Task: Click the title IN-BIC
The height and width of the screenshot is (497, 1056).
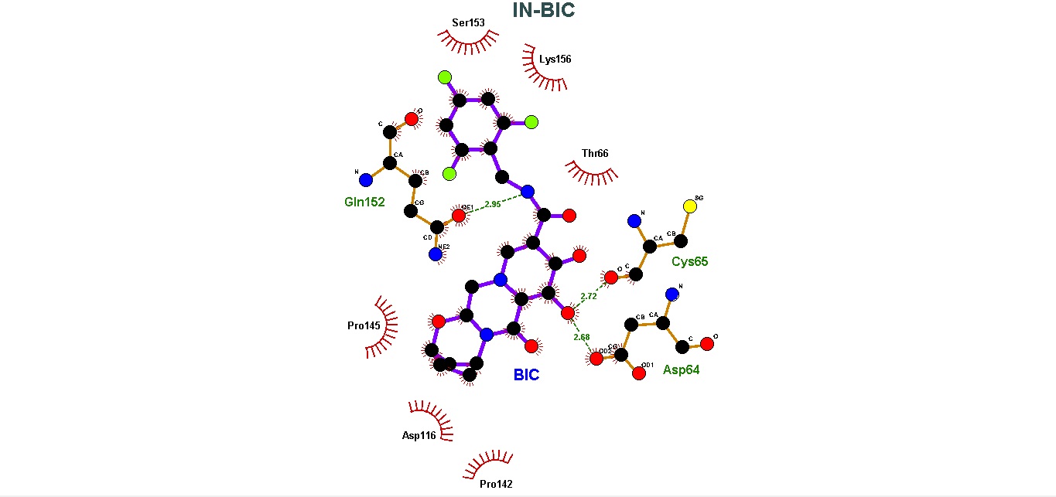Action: click(544, 10)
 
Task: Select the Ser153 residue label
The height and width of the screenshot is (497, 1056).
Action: click(469, 22)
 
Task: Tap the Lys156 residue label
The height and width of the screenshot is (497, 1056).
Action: click(555, 59)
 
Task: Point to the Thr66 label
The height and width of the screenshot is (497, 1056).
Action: click(595, 153)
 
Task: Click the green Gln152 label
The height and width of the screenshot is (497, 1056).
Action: click(364, 203)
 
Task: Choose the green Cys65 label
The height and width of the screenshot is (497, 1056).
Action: click(689, 261)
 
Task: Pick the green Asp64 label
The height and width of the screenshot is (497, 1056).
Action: click(681, 370)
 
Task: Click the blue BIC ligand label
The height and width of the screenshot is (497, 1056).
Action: click(526, 376)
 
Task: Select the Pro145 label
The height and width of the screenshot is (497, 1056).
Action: click(364, 325)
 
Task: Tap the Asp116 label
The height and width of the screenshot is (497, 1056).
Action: click(419, 436)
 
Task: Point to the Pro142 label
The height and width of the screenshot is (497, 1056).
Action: click(496, 485)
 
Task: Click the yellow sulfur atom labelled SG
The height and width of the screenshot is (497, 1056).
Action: click(690, 206)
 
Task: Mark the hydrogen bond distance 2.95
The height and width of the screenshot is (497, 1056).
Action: click(493, 205)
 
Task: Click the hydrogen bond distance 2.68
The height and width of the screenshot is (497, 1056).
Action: click(582, 337)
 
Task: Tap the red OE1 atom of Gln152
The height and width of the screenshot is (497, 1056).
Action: click(459, 216)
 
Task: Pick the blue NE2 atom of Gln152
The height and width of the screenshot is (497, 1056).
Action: click(436, 253)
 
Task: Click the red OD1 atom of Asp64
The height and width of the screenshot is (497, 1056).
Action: click(639, 373)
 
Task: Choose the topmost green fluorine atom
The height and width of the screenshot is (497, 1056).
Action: click(444, 77)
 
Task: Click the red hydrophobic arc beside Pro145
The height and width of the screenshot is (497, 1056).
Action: click(384, 327)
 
